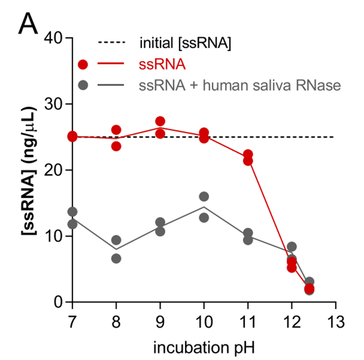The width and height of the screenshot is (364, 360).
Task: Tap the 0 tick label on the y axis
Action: (x=57, y=302)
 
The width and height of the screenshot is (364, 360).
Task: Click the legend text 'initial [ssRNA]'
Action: (x=186, y=44)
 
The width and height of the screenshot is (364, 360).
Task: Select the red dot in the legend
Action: (x=83, y=65)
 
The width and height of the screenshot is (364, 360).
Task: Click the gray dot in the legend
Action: (x=83, y=86)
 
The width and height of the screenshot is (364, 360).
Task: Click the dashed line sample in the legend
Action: (x=111, y=44)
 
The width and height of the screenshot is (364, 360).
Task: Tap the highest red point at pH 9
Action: (x=160, y=121)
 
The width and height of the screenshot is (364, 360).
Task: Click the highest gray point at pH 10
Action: (x=204, y=197)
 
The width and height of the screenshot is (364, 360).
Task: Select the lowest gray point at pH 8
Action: (x=116, y=258)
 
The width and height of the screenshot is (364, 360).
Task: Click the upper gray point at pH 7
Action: (x=72, y=212)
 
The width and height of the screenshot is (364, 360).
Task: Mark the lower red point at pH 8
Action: (x=116, y=146)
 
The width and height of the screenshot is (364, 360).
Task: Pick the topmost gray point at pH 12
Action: (x=292, y=247)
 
